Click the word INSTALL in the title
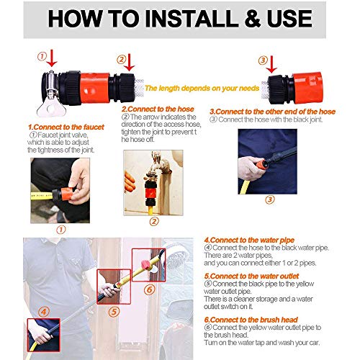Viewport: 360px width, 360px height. (191, 19)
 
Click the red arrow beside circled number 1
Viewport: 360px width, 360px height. (52, 58)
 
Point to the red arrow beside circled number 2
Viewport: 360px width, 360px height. (130, 63)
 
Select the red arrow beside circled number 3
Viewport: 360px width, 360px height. (271, 64)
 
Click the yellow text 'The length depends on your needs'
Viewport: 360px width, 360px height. (202, 89)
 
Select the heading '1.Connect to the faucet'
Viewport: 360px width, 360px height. (66, 127)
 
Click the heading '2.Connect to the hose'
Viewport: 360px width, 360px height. (158, 109)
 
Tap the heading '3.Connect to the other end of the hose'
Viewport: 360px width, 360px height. (272, 112)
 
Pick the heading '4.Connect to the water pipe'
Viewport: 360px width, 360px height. (249, 240)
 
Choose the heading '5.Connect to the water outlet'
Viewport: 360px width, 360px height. (251, 276)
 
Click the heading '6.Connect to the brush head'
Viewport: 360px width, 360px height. (251, 320)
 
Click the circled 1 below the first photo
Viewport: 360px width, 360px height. (61, 230)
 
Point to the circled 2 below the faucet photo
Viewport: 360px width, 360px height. (154, 222)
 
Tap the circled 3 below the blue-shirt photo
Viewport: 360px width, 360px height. (270, 199)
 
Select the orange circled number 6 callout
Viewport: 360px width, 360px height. (149, 290)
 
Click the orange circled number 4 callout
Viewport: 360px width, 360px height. (44, 312)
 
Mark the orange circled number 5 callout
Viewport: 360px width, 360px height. (114, 312)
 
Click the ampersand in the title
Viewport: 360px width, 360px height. (253, 19)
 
